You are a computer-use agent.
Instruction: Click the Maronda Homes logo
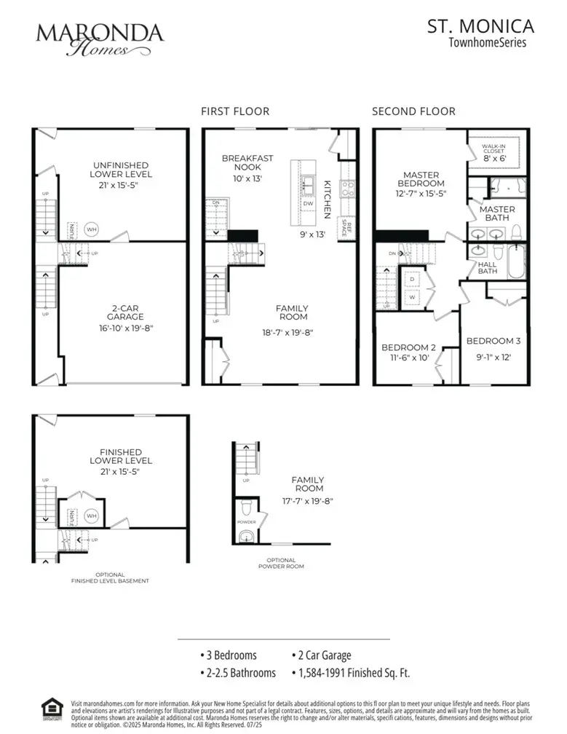click(100, 39)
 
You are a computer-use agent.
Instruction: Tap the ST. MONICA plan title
click(480, 27)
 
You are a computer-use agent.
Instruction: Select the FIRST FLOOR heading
click(235, 111)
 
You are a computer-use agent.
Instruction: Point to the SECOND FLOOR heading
click(413, 111)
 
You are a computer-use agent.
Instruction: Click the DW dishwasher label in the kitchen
click(309, 205)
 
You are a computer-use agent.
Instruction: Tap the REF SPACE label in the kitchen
click(348, 228)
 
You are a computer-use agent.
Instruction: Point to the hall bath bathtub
click(515, 262)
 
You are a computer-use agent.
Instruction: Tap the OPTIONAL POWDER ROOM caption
click(281, 562)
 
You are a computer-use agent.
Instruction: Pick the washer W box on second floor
click(411, 296)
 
